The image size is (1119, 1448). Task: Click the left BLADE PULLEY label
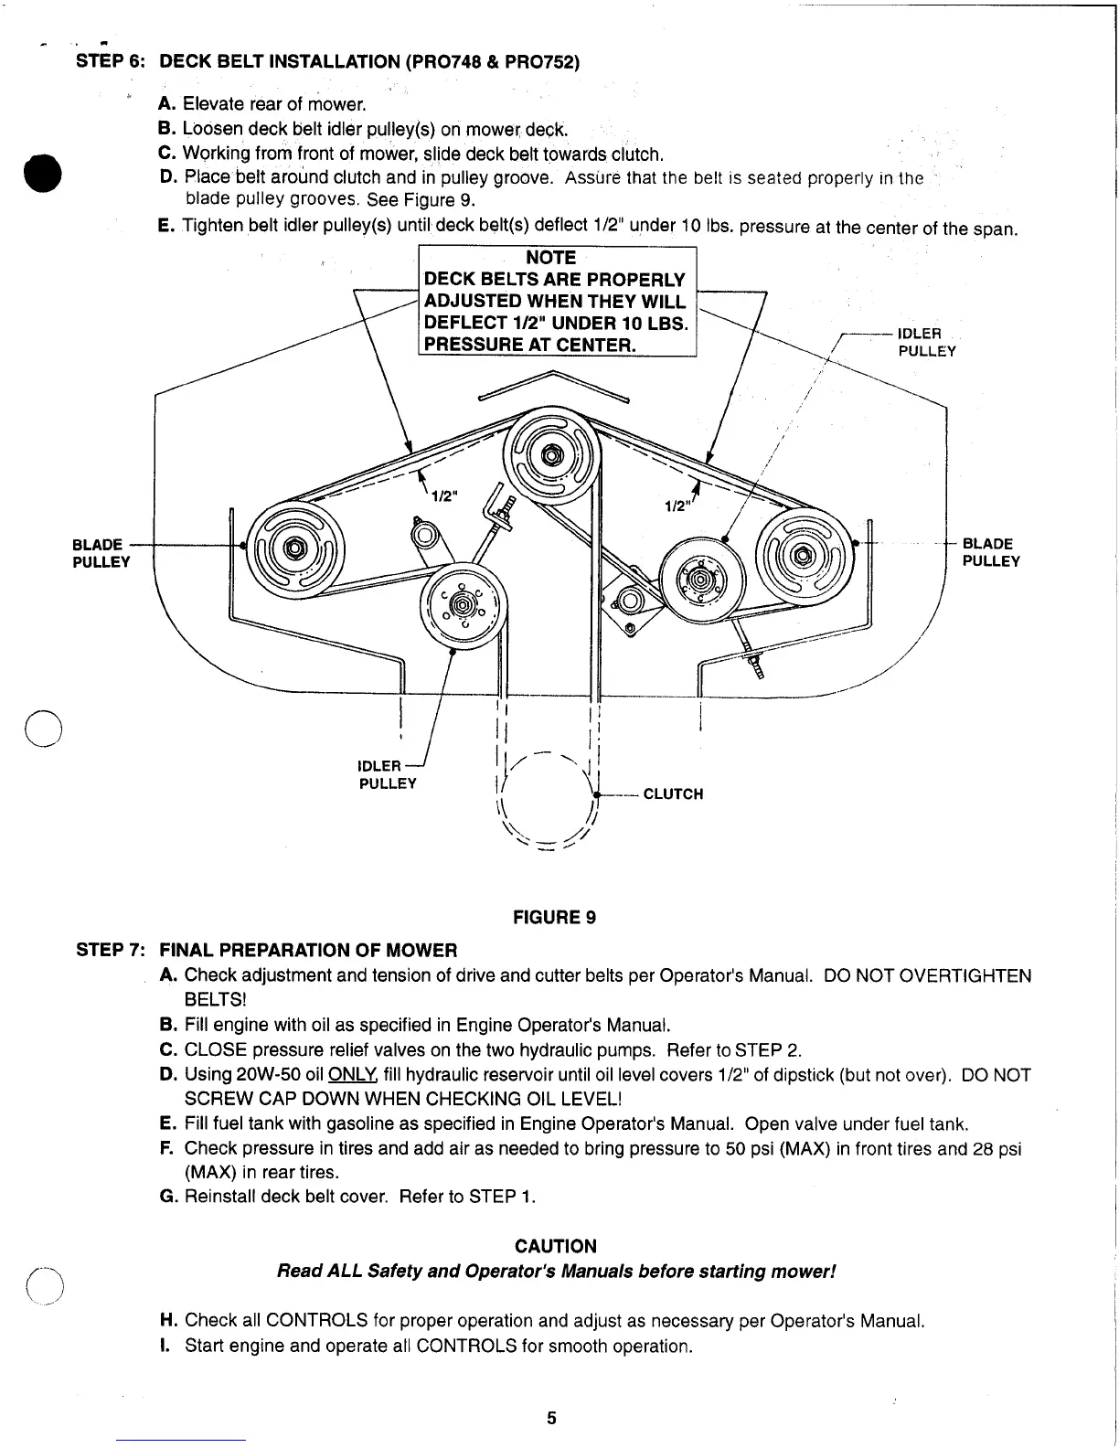(101, 553)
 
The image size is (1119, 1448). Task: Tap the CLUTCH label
(673, 793)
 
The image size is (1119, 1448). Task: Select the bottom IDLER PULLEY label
(388, 774)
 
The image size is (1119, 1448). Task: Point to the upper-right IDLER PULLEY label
(926, 342)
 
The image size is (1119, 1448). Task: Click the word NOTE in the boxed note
(551, 259)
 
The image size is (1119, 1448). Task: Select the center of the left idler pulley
(464, 605)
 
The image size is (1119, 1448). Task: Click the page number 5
(551, 1418)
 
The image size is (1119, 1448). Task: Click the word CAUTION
(556, 1246)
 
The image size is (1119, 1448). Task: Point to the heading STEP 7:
(110, 950)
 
